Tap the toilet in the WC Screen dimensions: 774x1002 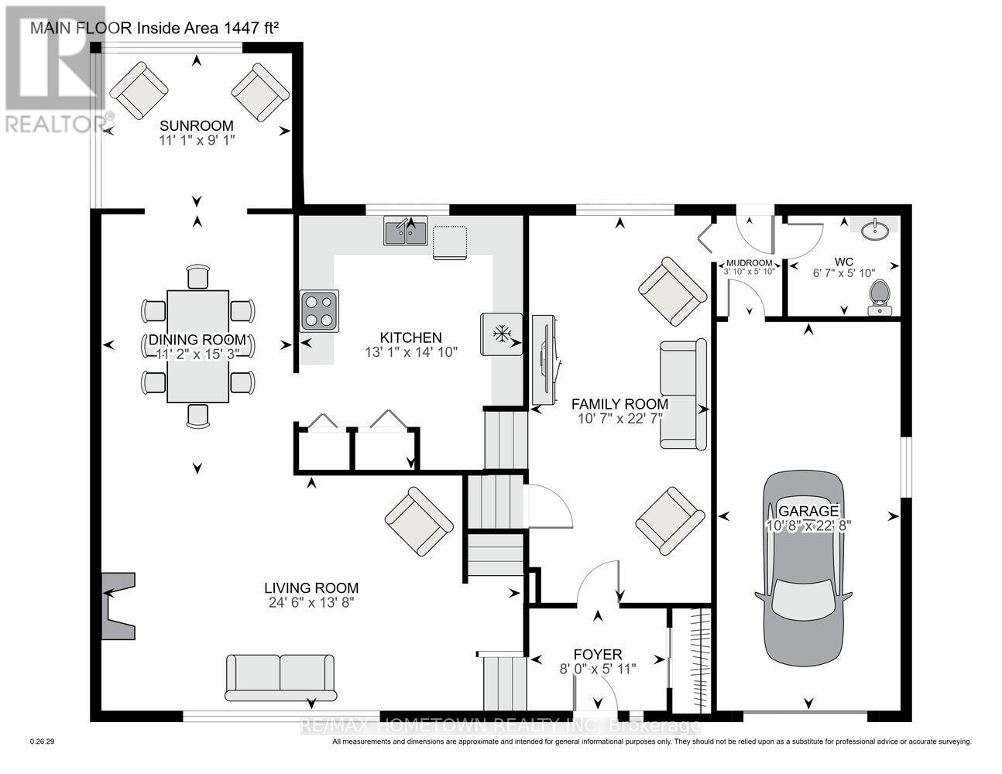(x=879, y=298)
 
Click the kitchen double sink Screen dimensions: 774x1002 (x=406, y=231)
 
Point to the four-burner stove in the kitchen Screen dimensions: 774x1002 (x=320, y=310)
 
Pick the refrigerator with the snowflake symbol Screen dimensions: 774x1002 (x=502, y=334)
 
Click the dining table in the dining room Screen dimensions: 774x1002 (x=198, y=345)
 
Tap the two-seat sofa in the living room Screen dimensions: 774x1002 (x=280, y=676)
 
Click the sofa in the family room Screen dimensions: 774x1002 (x=682, y=394)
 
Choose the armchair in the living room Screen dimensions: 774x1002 (x=419, y=521)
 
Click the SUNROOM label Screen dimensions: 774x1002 (x=196, y=126)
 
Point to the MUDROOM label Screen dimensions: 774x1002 (x=749, y=262)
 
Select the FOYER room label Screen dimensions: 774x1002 (x=597, y=655)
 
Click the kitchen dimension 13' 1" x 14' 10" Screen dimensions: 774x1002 (x=411, y=351)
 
